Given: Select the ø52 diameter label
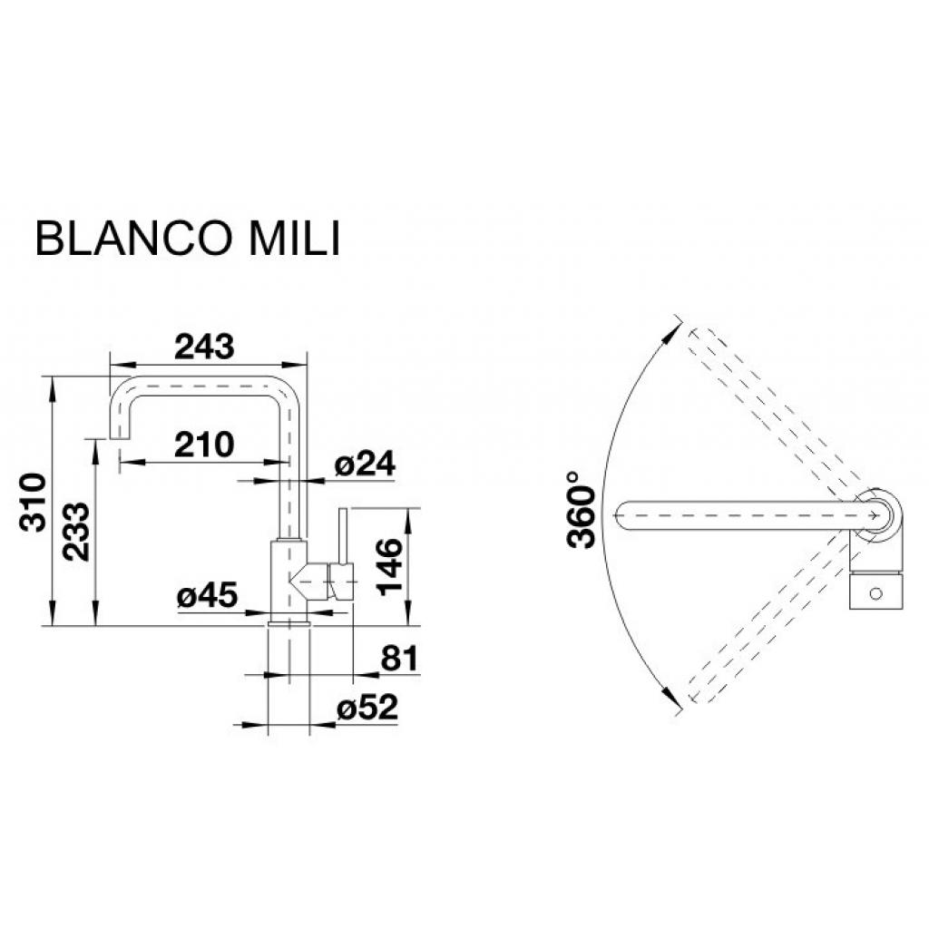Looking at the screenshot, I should coord(367,709).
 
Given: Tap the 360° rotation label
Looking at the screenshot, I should coord(581,511).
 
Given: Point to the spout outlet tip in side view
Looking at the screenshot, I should coord(119,438).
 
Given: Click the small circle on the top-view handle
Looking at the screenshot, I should coord(875,594).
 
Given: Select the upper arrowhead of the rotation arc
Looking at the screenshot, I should coord(675,322).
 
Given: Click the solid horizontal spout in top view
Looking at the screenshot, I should coord(735,513).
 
